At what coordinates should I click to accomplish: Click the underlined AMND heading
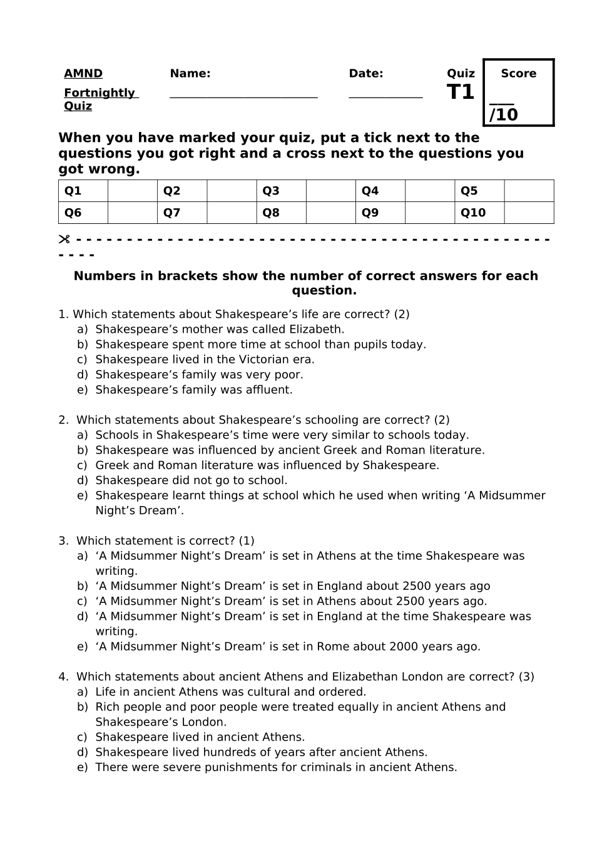pyautogui.click(x=83, y=74)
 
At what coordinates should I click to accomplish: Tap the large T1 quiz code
pyautogui.click(x=461, y=93)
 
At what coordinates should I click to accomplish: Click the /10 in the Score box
pyautogui.click(x=504, y=115)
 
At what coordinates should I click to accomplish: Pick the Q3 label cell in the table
pyautogui.click(x=281, y=191)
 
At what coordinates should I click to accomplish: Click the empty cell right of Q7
pyautogui.click(x=232, y=213)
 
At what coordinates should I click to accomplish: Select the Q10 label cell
pyautogui.click(x=479, y=213)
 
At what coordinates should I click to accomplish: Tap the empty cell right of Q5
pyautogui.click(x=529, y=191)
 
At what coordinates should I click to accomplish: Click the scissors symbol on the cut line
pyautogui.click(x=64, y=240)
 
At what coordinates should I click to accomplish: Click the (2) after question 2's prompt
pyautogui.click(x=442, y=420)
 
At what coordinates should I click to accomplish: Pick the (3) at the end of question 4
pyautogui.click(x=526, y=677)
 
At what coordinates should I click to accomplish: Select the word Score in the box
pyautogui.click(x=519, y=74)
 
